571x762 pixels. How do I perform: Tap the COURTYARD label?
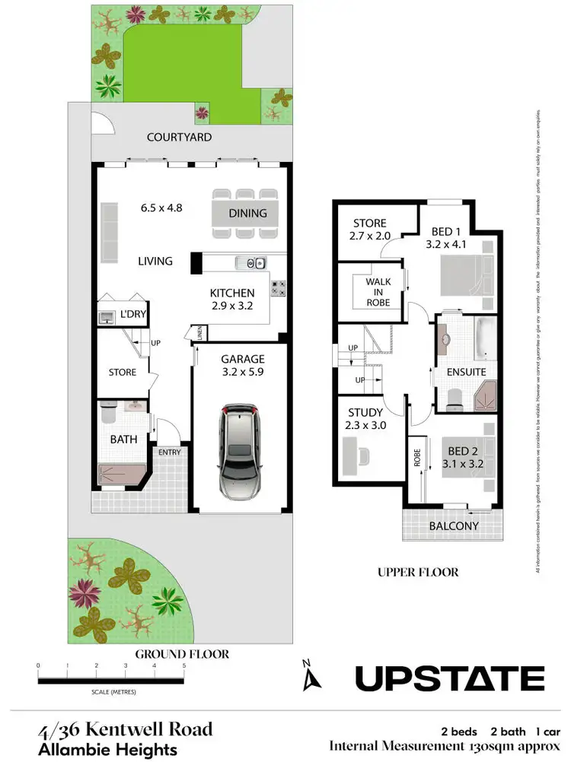(179, 137)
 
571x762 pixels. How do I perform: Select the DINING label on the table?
(247, 213)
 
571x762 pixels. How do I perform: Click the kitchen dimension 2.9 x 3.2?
(231, 306)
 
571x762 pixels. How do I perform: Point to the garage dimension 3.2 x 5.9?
(242, 373)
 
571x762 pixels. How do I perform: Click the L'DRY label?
(133, 313)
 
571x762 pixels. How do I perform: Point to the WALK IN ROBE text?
(378, 292)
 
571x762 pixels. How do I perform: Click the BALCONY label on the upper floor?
(454, 525)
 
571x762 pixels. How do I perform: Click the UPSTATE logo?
(450, 677)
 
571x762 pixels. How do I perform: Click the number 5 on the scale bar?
(183, 665)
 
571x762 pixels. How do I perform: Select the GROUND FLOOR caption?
(182, 653)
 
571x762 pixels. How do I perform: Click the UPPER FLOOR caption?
(418, 572)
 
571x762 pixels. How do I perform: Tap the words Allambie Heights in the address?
(107, 749)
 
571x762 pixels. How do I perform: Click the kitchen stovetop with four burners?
(279, 287)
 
